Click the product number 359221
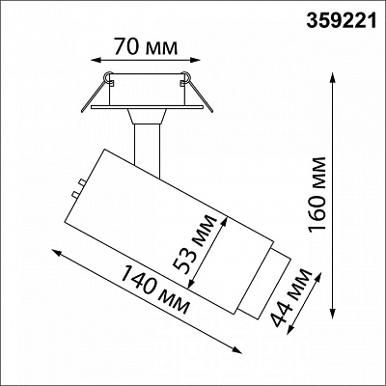click(x=341, y=21)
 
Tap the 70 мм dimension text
click(x=146, y=47)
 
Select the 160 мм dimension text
click(x=317, y=194)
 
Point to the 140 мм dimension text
click(x=155, y=289)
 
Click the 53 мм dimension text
click(x=194, y=243)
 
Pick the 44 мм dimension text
click(x=291, y=297)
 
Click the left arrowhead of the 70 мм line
click(x=96, y=60)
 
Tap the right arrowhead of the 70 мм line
click(x=196, y=60)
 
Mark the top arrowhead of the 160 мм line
click(x=333, y=78)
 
